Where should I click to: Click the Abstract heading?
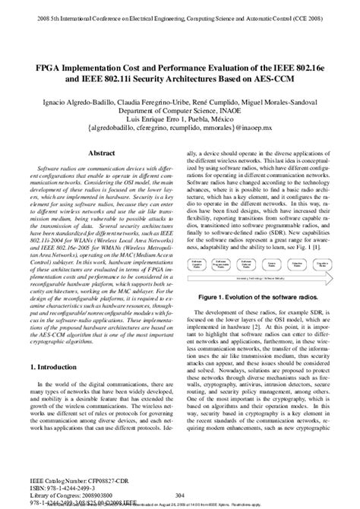pyautogui.click(x=101, y=153)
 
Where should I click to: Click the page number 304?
pyautogui.click(x=180, y=493)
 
